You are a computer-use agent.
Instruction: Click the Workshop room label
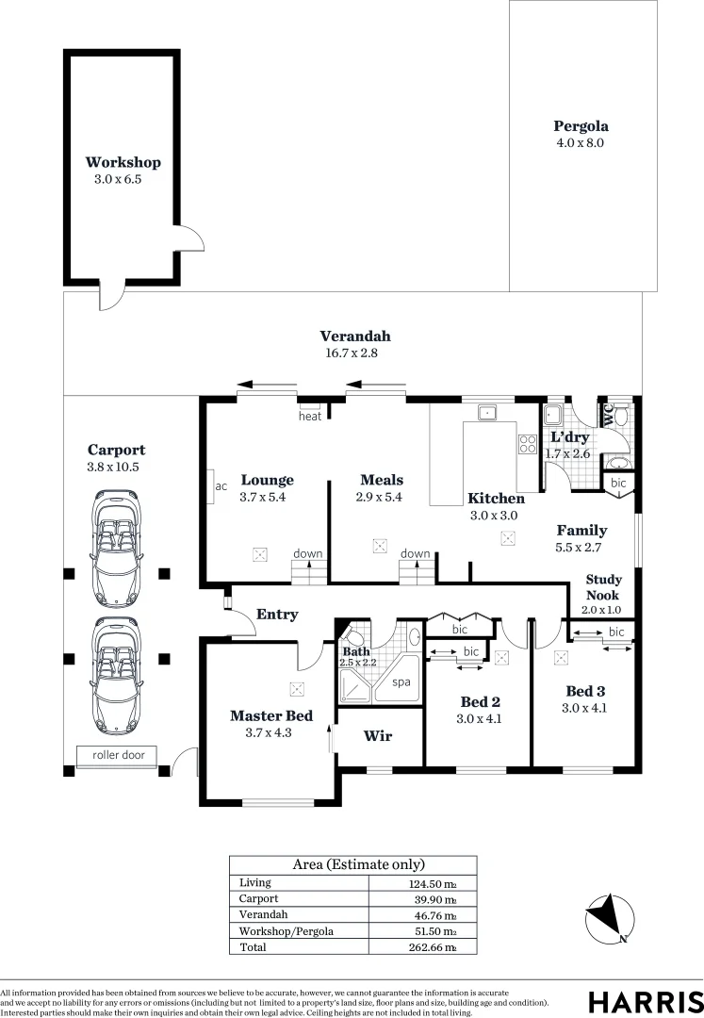coord(123,162)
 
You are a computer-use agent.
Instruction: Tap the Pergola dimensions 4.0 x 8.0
coord(580,143)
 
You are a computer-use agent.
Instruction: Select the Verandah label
coord(354,337)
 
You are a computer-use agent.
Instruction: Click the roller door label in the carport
coord(119,755)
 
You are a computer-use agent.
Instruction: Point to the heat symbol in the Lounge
coord(309,416)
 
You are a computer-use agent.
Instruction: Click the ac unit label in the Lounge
coord(221,486)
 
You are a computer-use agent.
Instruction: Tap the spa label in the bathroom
coord(401,681)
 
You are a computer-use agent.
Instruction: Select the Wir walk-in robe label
coord(378,736)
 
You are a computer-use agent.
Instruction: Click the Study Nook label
coord(603,587)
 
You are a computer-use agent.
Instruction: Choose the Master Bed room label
coord(271,715)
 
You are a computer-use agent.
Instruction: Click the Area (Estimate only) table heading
coord(352,863)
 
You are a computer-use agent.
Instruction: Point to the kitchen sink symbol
coord(487,412)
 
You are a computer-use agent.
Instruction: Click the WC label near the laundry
coord(609,416)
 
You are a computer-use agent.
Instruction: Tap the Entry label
coord(277,615)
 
